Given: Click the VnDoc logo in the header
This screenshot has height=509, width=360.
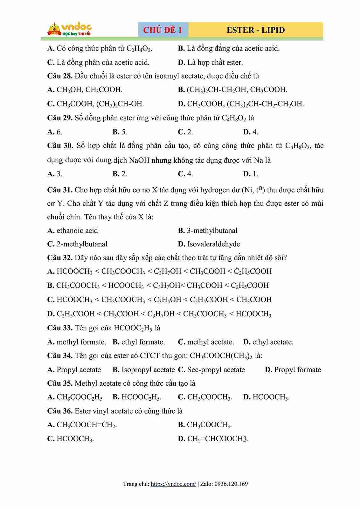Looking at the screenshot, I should coord(70,30).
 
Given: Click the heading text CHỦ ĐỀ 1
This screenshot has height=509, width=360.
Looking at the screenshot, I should coord(163,30).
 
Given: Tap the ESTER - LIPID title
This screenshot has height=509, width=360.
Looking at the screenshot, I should coord(255,30).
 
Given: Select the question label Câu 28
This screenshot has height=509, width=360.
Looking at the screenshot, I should coord(60,76).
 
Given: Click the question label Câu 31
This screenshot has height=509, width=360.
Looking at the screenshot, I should coord(60,190).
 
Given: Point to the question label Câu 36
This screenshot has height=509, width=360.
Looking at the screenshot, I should coord(60,411).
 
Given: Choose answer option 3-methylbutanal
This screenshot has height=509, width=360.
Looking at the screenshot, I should coord(212,230).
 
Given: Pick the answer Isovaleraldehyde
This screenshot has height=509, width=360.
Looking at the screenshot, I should coord(213,244).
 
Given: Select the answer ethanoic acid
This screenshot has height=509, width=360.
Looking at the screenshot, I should coord(77,230).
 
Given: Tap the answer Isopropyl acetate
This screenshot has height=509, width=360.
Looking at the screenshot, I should coord(148,370).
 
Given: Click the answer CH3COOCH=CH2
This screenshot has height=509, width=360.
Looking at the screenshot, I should coord(86,425).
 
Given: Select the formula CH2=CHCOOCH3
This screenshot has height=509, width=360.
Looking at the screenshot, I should coord(218,439).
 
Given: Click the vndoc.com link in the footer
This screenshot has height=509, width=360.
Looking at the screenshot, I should coord(173,484).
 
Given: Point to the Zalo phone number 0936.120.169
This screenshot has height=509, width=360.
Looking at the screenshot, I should coord(231,484).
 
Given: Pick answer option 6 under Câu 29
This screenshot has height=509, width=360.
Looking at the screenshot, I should coord(59,132).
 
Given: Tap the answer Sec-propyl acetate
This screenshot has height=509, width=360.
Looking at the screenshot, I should coord(216,370).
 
